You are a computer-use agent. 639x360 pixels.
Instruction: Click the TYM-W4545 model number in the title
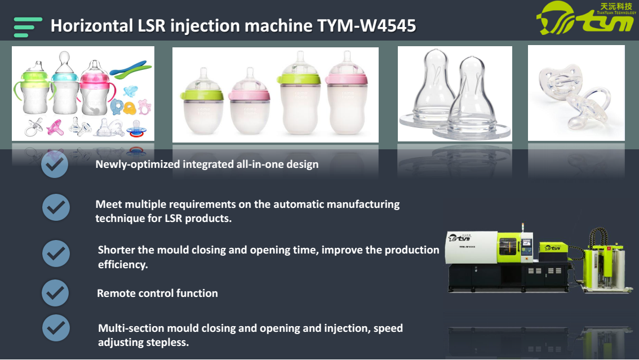[x=367, y=26]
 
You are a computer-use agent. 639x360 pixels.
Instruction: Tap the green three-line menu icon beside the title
[x=28, y=27]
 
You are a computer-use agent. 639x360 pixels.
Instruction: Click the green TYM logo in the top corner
[x=586, y=18]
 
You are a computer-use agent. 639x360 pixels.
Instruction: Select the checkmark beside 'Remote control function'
[x=55, y=293]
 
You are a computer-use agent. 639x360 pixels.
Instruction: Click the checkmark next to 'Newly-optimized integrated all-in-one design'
[x=55, y=164]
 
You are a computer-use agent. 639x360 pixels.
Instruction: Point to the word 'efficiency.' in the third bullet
[x=123, y=265]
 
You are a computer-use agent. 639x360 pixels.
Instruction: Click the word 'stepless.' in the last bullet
[x=167, y=342]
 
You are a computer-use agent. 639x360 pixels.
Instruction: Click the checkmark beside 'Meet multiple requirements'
[x=56, y=207]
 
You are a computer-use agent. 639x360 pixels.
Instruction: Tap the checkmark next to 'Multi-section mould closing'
[x=56, y=328]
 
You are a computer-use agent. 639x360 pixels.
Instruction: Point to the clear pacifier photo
[x=576, y=93]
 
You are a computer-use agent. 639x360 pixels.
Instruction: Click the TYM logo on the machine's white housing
[x=459, y=237]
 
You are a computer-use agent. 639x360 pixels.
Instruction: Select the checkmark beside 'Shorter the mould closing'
[x=56, y=254]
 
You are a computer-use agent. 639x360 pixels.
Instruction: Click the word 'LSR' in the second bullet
[x=173, y=218]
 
